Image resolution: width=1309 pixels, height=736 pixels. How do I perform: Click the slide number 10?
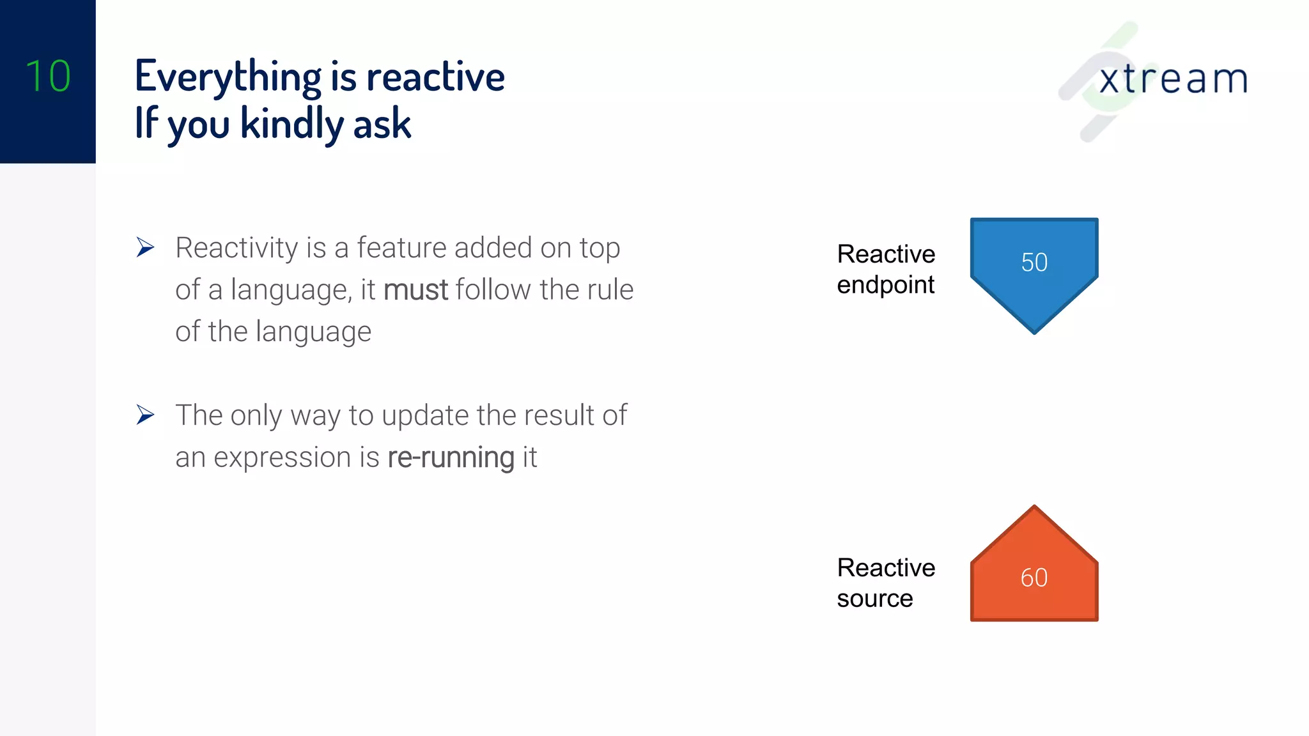pos(48,76)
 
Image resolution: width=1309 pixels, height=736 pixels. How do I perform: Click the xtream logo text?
pos(1173,79)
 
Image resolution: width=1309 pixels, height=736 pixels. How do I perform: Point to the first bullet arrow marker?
pos(145,247)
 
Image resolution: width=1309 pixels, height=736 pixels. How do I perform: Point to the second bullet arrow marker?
pos(145,415)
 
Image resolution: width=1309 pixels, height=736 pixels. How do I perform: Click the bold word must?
pos(415,290)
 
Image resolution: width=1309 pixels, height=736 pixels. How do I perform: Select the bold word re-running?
pos(451,457)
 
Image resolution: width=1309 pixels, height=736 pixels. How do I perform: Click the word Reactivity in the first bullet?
pos(236,249)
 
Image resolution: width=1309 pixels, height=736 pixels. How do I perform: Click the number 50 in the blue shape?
pos(1034,263)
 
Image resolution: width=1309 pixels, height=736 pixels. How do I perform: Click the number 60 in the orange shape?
pos(1034,578)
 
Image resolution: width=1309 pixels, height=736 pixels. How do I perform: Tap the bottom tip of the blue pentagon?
pos(1034,331)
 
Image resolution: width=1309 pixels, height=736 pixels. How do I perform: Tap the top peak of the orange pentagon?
pos(1034,509)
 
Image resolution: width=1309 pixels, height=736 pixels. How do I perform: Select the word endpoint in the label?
pos(885,285)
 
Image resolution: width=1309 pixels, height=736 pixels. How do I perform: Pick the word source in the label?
pos(874,599)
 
